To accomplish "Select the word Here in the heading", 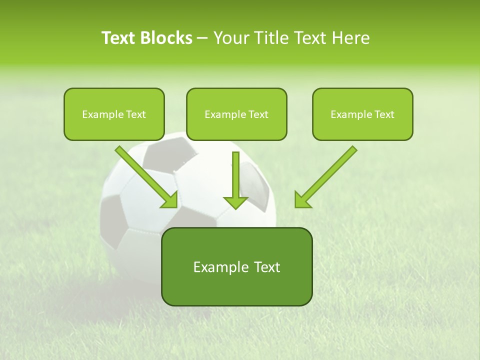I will (351, 38).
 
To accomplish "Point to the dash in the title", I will (202, 38).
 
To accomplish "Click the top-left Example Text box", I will (114, 114).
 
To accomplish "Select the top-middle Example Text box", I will (236, 114).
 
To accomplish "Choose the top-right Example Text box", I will (362, 114).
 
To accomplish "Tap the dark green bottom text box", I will (236, 266).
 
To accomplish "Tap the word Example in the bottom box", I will (221, 267).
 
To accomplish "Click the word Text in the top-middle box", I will (258, 114).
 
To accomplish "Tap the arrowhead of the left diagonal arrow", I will (170, 200).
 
